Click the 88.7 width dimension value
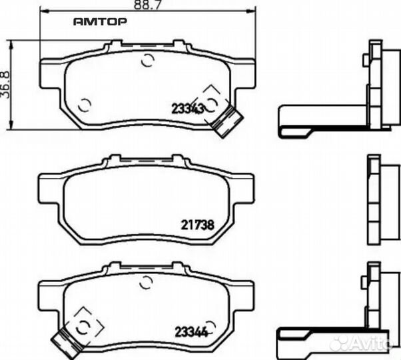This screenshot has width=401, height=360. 148,5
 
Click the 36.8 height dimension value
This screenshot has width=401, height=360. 5,85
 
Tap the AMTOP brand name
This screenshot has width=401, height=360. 100,22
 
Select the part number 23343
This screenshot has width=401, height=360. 187,109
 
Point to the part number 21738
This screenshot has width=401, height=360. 197,225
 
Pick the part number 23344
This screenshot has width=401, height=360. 191,332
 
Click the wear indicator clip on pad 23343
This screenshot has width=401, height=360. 226,121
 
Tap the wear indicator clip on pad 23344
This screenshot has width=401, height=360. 67,343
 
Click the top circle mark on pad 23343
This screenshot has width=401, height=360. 148,61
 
